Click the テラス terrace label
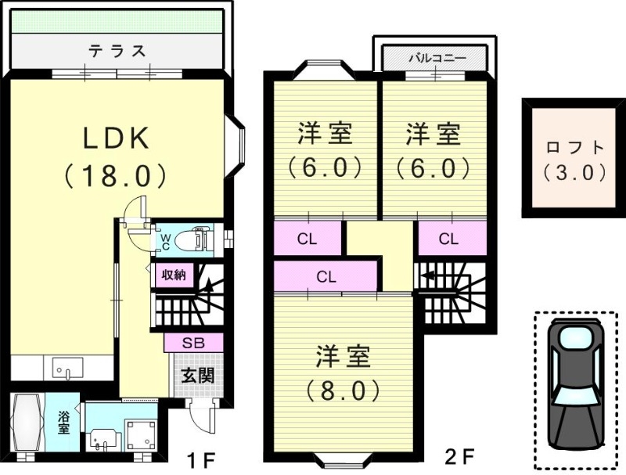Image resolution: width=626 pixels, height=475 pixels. coord(117,51)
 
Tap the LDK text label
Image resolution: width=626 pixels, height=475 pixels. coord(116,138)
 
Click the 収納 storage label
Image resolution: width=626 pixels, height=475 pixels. coord(174,275)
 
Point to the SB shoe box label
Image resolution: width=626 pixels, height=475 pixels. coord(193,343)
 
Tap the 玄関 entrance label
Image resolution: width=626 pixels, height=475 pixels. coord(198,375)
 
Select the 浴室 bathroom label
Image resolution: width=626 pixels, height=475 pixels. coord(63,423)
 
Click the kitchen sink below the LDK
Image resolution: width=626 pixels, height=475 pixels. coord(67,368)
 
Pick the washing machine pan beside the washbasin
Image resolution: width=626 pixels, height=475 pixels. coord(141,434)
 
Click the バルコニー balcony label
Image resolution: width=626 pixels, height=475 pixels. coord(437,58)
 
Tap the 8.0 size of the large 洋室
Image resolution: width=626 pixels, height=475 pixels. coord(343,390)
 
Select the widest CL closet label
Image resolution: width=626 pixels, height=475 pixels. coord(326,276)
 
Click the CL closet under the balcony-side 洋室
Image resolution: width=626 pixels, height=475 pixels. coord(448,239)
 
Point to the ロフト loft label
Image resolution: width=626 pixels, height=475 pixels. coord(575,147)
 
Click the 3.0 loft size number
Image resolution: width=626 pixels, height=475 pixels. coord(574,173)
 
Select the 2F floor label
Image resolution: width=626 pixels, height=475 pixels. coord(459,457)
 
